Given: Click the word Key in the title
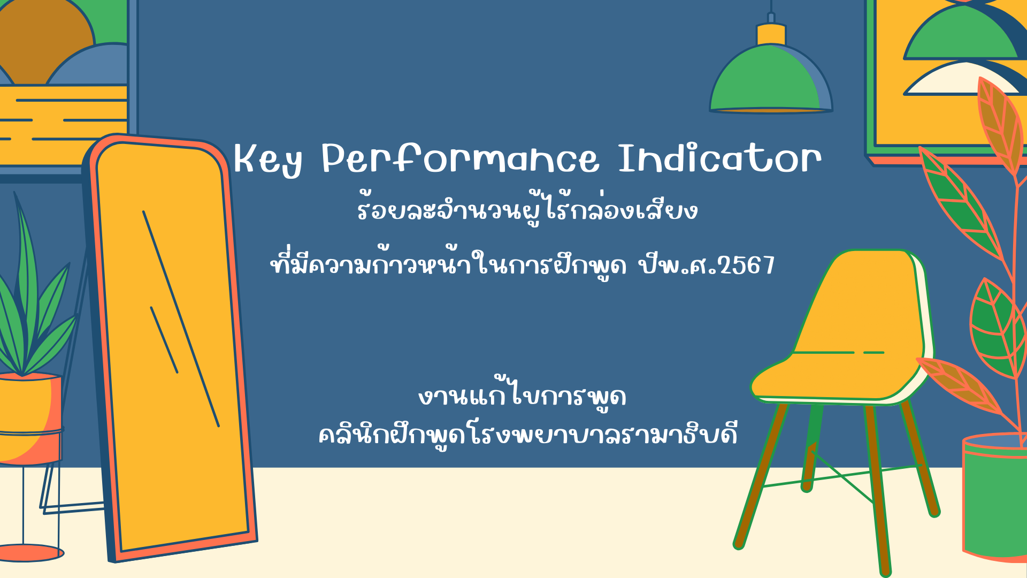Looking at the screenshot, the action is click(x=267, y=159).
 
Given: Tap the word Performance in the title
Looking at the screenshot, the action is click(x=460, y=158).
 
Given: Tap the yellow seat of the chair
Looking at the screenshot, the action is click(x=834, y=377).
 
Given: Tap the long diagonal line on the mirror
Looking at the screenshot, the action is click(x=181, y=319).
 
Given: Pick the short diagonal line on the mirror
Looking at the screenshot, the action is click(x=164, y=340).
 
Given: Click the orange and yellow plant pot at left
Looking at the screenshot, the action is click(x=29, y=417).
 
